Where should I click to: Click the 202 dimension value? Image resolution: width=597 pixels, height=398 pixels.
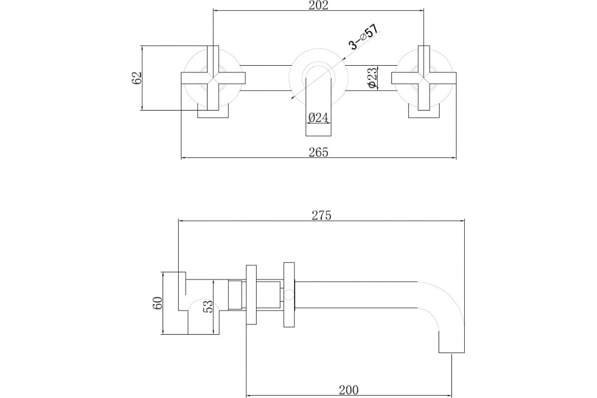coord(318,5)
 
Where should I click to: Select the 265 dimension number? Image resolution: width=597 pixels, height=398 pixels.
coord(318,152)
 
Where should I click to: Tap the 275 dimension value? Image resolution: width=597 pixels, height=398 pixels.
coord(321,215)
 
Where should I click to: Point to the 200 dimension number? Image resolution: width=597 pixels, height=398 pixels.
coord(349,390)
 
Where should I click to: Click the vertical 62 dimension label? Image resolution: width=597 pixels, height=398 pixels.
coord(136,78)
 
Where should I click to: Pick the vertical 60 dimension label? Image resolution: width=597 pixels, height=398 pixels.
coord(157,303)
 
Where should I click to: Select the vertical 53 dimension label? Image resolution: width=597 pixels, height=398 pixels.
coord(208,306)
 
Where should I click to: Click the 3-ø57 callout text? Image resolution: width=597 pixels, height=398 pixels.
coord(364,37)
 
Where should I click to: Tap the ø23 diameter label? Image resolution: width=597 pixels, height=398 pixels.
coord(372,77)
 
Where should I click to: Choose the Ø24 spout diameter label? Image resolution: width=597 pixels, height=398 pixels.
coord(318,117)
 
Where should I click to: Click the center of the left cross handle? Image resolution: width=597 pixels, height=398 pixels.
coord(213,78)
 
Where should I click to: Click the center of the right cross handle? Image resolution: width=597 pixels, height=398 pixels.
coord(424,78)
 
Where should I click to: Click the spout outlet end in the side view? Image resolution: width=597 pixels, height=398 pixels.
coord(452,352)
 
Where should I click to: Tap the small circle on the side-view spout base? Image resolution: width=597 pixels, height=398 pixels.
coord(289,295)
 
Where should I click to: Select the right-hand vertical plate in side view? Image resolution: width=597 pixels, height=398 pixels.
coord(289,295)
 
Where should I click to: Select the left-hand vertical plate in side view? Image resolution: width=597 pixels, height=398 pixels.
coord(251,295)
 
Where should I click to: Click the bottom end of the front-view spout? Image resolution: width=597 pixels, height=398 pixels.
coord(318,136)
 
